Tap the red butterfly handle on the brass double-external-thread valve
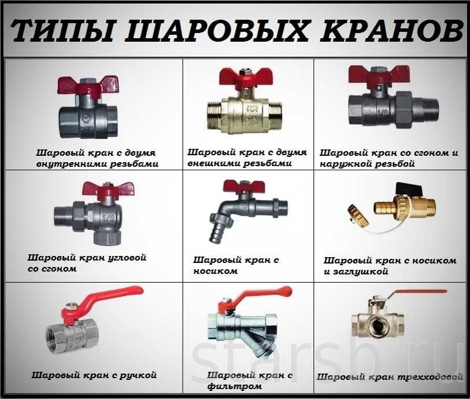243,79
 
